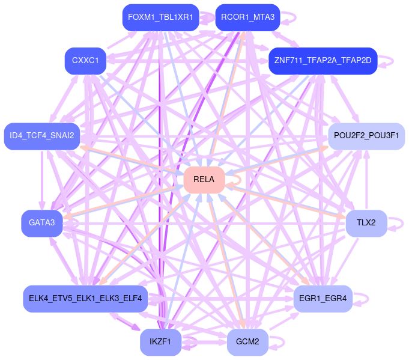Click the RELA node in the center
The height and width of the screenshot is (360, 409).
click(204, 180)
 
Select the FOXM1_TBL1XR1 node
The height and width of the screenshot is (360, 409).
click(160, 17)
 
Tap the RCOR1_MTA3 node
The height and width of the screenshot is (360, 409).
click(247, 17)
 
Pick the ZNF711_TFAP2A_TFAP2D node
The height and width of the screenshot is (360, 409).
click(323, 61)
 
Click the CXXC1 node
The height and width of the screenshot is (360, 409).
click(86, 61)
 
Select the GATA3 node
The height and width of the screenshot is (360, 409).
click(42, 223)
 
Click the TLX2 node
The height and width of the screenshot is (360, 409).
click(366, 223)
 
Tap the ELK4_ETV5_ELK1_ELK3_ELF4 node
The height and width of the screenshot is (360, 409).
click(85, 298)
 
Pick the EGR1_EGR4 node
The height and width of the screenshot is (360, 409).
click(323, 298)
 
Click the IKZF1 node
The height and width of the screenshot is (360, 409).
click(160, 342)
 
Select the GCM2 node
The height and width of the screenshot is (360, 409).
click(247, 342)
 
